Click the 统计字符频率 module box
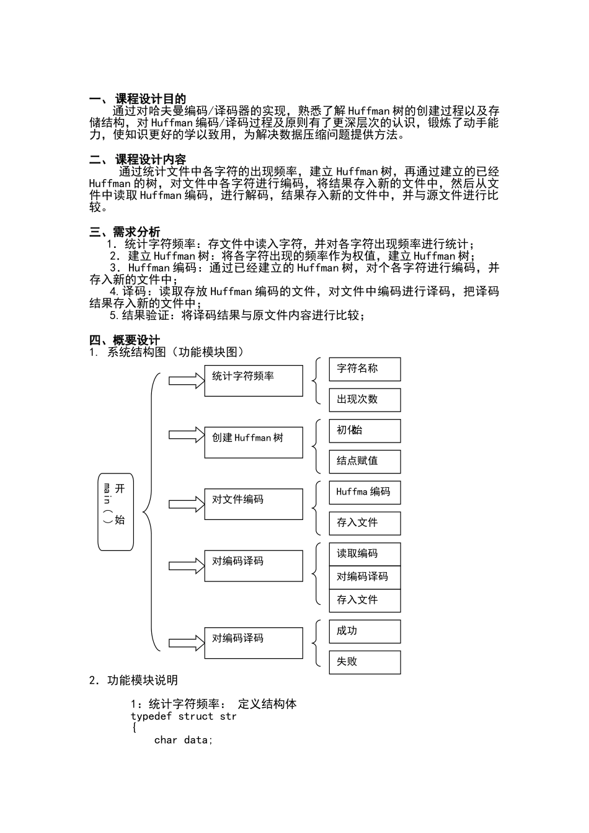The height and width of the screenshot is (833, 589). pos(254,381)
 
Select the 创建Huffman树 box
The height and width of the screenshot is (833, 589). pos(254,442)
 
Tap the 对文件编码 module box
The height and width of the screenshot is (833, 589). pos(254,504)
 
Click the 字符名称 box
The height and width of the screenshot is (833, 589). pos(365,369)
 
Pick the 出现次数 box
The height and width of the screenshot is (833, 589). pos(365,400)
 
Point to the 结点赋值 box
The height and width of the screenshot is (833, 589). pos(365,461)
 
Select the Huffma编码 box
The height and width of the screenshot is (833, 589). pos(365,492)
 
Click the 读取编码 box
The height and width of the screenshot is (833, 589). pos(365,554)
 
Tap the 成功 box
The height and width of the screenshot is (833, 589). pos(365,631)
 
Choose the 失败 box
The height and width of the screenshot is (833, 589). pos(365,662)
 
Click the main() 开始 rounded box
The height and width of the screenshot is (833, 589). pos(115,512)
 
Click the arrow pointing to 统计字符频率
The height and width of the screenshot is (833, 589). pos(186,380)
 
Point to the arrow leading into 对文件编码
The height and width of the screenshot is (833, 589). pos(186,504)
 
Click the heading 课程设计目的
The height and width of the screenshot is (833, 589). pos(150,99)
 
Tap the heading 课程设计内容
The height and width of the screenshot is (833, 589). pos(150,160)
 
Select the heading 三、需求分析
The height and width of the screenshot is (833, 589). pos(125,232)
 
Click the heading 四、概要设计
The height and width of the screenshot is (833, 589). pos(125,340)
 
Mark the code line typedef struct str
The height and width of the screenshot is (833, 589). pos(184,716)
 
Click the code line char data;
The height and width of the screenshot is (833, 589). pos(183,740)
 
